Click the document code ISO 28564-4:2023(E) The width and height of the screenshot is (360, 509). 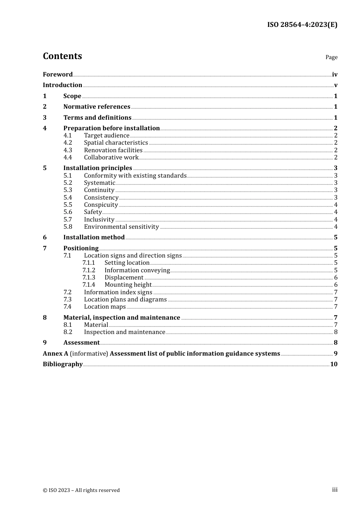tap(302, 25)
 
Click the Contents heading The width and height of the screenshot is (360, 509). tap(62, 56)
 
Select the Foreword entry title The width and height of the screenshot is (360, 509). tap(58, 74)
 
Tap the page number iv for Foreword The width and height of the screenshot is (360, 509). tap(335, 75)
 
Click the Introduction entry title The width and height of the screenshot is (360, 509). tap(63, 85)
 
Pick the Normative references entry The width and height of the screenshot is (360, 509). tap(97, 107)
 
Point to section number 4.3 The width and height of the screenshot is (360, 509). tap(68, 150)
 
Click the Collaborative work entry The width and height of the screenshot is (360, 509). tap(111, 158)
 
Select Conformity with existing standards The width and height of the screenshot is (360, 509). tap(135, 176)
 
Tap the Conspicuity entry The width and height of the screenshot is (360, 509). tap(101, 205)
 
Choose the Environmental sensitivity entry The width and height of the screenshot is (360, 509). tap(121, 227)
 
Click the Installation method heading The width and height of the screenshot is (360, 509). tap(94, 237)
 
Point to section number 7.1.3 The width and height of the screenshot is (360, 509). tap(89, 278)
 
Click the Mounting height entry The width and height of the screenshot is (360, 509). tap(128, 285)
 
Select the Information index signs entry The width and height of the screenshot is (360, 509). tap(118, 292)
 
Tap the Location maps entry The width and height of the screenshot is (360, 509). tap(105, 307)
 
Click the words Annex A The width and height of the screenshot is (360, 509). tap(55, 353)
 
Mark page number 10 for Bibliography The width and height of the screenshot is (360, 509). tap(333, 364)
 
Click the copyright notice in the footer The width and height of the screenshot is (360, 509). tap(81, 490)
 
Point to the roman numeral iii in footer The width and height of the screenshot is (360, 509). tap(335, 490)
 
